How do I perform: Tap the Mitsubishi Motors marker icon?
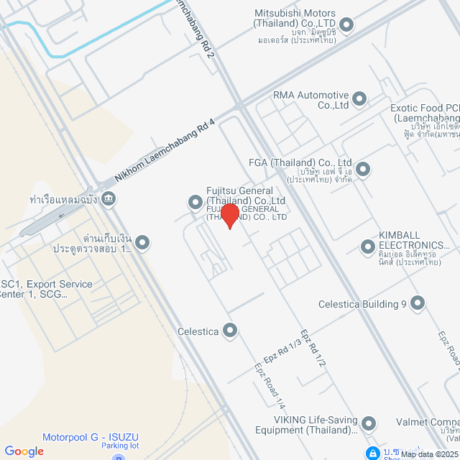tap(346, 26)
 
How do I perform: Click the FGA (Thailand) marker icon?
tap(363, 170)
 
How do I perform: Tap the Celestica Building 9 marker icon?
tap(418, 304)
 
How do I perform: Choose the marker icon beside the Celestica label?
tap(230, 331)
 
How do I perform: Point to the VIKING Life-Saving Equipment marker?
tap(369, 423)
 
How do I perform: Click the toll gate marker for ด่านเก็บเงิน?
tap(142, 243)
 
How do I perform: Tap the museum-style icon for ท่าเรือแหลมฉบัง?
tap(109, 198)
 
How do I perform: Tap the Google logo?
tap(24, 451)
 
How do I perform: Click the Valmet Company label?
tap(436, 423)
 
